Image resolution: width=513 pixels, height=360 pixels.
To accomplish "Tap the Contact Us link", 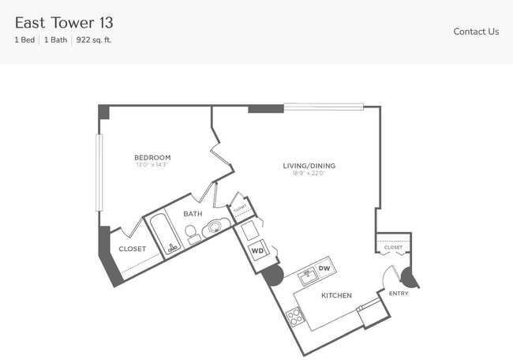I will tap(476, 32).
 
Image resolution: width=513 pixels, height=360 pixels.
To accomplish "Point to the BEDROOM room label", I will tap(152, 158).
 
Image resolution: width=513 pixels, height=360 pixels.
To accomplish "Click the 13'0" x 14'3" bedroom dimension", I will tap(152, 166).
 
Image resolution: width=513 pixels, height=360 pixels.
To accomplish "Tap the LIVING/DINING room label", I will tap(309, 166).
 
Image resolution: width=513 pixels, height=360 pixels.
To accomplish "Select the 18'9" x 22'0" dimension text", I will tap(309, 174).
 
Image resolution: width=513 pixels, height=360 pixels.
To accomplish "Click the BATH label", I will tap(193, 214).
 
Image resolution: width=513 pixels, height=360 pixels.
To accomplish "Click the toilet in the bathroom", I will tap(192, 233).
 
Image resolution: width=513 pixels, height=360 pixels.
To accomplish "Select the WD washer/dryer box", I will tap(256, 252).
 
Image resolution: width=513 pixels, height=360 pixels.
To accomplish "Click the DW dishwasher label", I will tap(324, 269).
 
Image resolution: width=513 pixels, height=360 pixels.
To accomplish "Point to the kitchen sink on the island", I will tap(308, 277).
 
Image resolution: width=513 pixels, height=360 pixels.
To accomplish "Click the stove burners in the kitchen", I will tap(294, 317).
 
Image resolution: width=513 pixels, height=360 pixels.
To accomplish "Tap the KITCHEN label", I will tap(336, 296).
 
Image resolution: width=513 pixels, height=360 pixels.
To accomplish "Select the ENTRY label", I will tap(399, 294).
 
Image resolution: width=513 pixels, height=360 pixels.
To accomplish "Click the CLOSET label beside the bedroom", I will tap(132, 249).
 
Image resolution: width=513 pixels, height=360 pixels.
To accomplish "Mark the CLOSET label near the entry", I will tap(393, 248).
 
